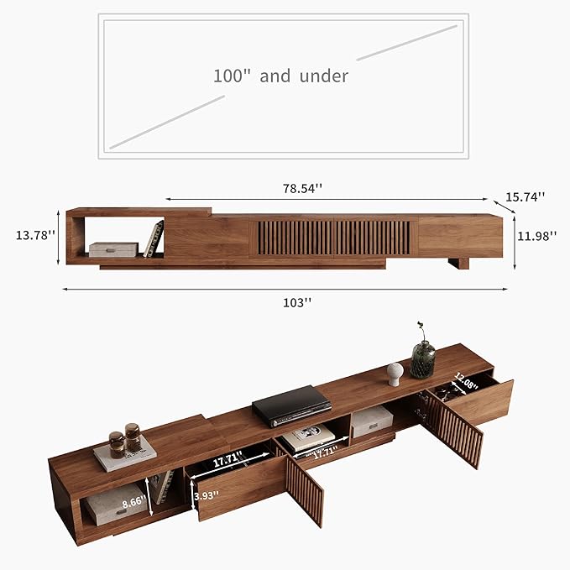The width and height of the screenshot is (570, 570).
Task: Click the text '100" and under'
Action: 280,76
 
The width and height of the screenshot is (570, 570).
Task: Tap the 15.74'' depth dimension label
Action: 525,196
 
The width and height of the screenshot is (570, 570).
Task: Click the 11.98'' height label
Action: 537,236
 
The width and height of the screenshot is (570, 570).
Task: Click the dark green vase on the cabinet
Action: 422,358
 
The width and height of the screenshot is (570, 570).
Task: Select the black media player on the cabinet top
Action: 291,405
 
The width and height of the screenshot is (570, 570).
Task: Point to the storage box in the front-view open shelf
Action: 113,249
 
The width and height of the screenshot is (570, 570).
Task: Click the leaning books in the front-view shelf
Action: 154,239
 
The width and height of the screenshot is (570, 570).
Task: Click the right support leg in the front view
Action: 458,263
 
